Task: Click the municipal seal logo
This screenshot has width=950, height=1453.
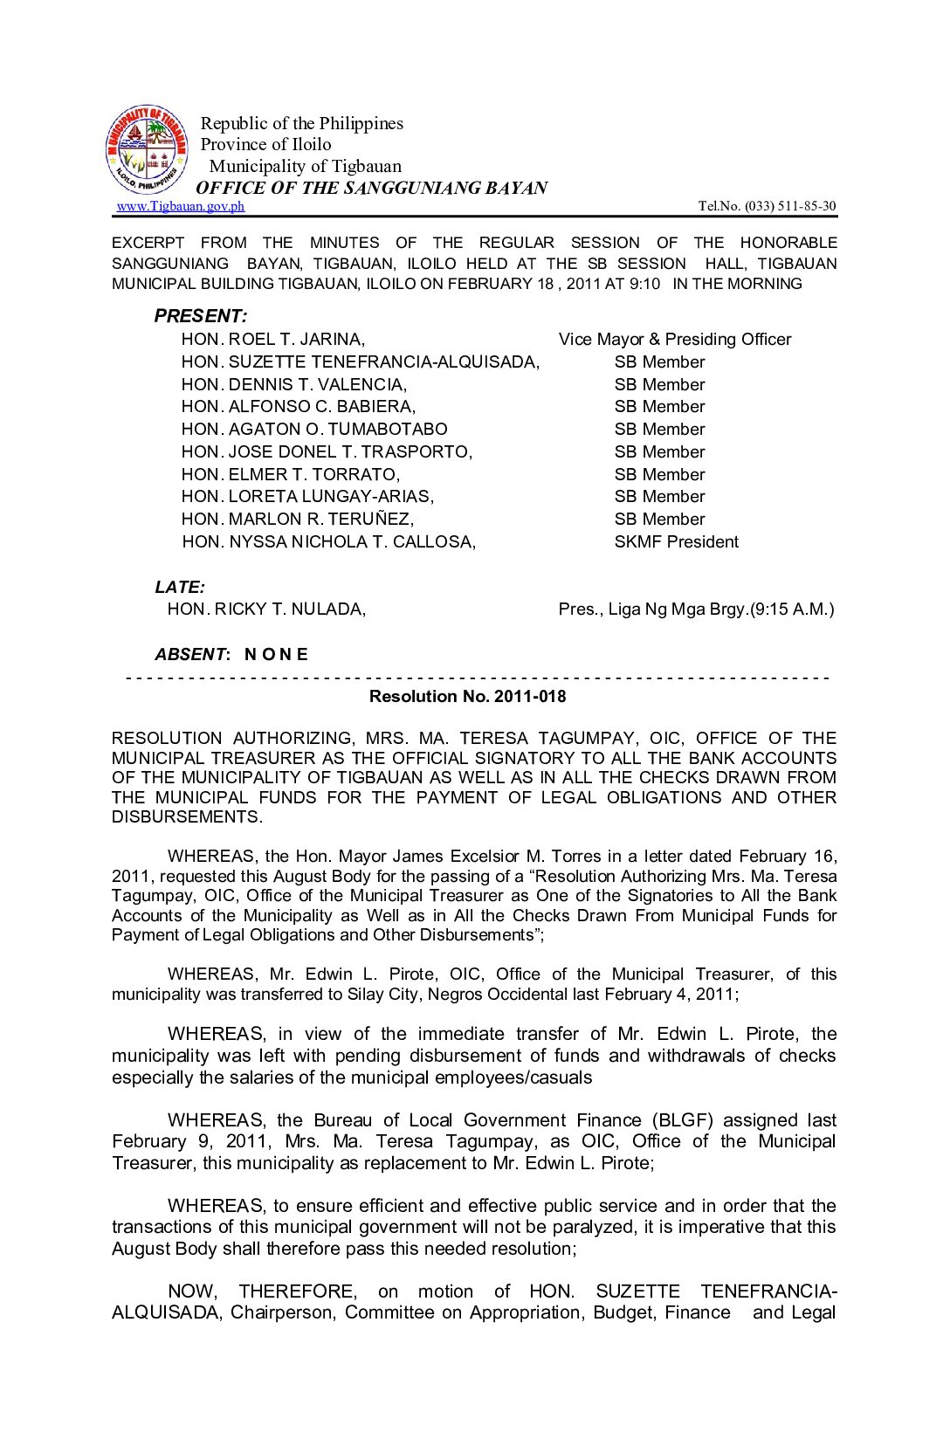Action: click(147, 150)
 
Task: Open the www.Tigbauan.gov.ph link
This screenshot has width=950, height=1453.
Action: click(180, 206)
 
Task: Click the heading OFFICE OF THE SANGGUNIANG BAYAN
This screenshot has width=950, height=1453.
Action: click(372, 188)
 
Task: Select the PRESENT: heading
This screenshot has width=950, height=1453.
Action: click(201, 316)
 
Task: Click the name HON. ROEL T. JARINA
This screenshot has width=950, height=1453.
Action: click(273, 340)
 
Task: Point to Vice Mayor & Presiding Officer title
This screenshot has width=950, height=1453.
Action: click(675, 340)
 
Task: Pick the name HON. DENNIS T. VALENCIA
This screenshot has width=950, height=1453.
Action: click(294, 385)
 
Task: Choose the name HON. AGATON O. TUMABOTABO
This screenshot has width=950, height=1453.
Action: click(314, 430)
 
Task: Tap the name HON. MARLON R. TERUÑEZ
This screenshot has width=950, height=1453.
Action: click(298, 520)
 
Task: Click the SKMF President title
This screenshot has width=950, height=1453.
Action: click(676, 542)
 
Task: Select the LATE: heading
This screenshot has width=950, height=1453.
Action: click(180, 588)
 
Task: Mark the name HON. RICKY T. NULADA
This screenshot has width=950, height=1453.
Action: click(266, 609)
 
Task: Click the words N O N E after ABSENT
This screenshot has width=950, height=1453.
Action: click(276, 655)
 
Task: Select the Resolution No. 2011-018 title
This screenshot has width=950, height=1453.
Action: click(467, 697)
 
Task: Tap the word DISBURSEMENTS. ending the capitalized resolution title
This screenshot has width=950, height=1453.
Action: click(187, 817)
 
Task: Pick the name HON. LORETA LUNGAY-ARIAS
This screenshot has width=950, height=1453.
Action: click(307, 497)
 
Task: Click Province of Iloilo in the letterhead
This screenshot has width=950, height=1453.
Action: click(266, 145)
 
